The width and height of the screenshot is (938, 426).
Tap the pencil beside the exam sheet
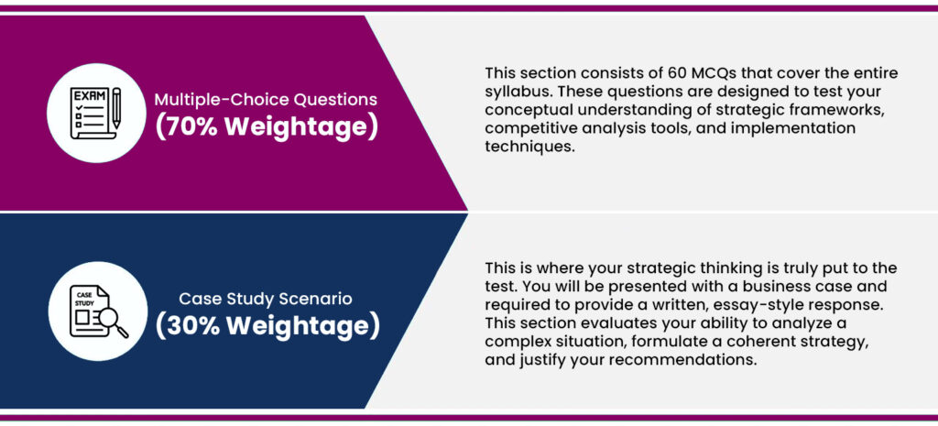click(x=116, y=108)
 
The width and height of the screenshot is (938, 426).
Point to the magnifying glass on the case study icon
click(x=113, y=322)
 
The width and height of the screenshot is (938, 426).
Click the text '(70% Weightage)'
click(x=267, y=126)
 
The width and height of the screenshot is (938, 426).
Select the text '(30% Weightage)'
click(x=267, y=325)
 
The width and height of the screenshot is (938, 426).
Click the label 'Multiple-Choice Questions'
click(x=267, y=99)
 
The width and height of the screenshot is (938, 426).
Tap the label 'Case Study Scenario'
click(x=266, y=298)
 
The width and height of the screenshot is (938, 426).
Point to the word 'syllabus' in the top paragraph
click(x=511, y=93)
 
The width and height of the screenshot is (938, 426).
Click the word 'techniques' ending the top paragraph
click(x=529, y=147)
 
